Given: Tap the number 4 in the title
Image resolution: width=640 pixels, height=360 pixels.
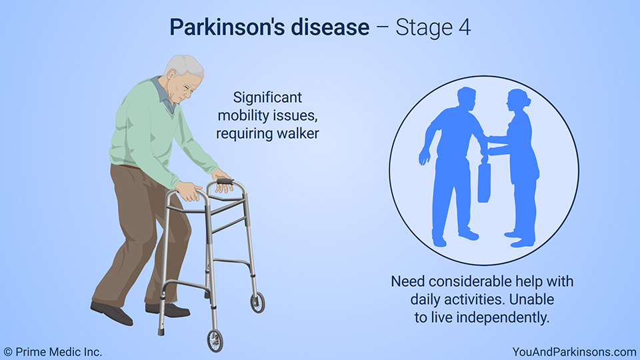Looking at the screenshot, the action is pos(464,27).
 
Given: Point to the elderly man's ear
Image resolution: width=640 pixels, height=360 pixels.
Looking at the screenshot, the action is pos(172,73).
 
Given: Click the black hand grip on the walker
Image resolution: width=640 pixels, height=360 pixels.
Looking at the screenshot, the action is pos(225,181).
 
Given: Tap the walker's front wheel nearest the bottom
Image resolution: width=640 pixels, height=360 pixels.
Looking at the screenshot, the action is pos(215,341).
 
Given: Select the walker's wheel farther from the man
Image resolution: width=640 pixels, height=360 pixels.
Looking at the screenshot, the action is pos(257,302).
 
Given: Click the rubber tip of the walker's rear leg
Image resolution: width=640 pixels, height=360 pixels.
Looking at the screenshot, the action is pos(161,331).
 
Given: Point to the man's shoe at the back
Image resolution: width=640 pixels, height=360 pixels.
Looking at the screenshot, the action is pos(111,313).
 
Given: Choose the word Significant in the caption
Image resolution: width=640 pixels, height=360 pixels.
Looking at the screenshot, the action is pos(267,98).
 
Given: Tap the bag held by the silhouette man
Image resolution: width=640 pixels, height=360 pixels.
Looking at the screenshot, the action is pos(484,181).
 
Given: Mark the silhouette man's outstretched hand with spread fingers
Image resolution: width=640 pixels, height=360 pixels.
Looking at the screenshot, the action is pos(425,155).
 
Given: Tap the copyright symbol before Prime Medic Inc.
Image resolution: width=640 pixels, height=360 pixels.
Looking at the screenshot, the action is pos(8,352).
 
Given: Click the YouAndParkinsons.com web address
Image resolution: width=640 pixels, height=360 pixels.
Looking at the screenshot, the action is pos(574,352).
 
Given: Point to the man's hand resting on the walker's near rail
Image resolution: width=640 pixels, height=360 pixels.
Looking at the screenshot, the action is pos(188,191).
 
